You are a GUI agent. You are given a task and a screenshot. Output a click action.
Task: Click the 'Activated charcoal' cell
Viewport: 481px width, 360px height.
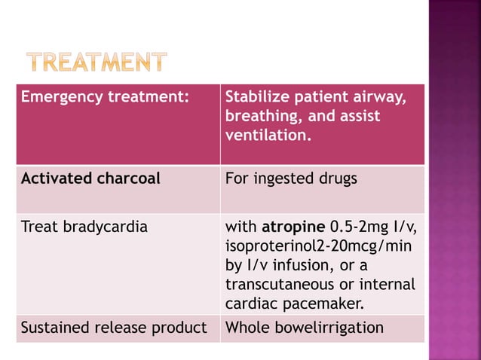[x=90, y=179]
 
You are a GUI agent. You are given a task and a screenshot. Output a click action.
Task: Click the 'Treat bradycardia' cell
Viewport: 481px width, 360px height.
[x=84, y=226]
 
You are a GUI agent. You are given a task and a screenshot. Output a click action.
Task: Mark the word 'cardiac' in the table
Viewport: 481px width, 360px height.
[x=250, y=304]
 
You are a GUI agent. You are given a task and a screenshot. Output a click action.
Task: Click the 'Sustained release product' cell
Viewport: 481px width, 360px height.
[x=114, y=328]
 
